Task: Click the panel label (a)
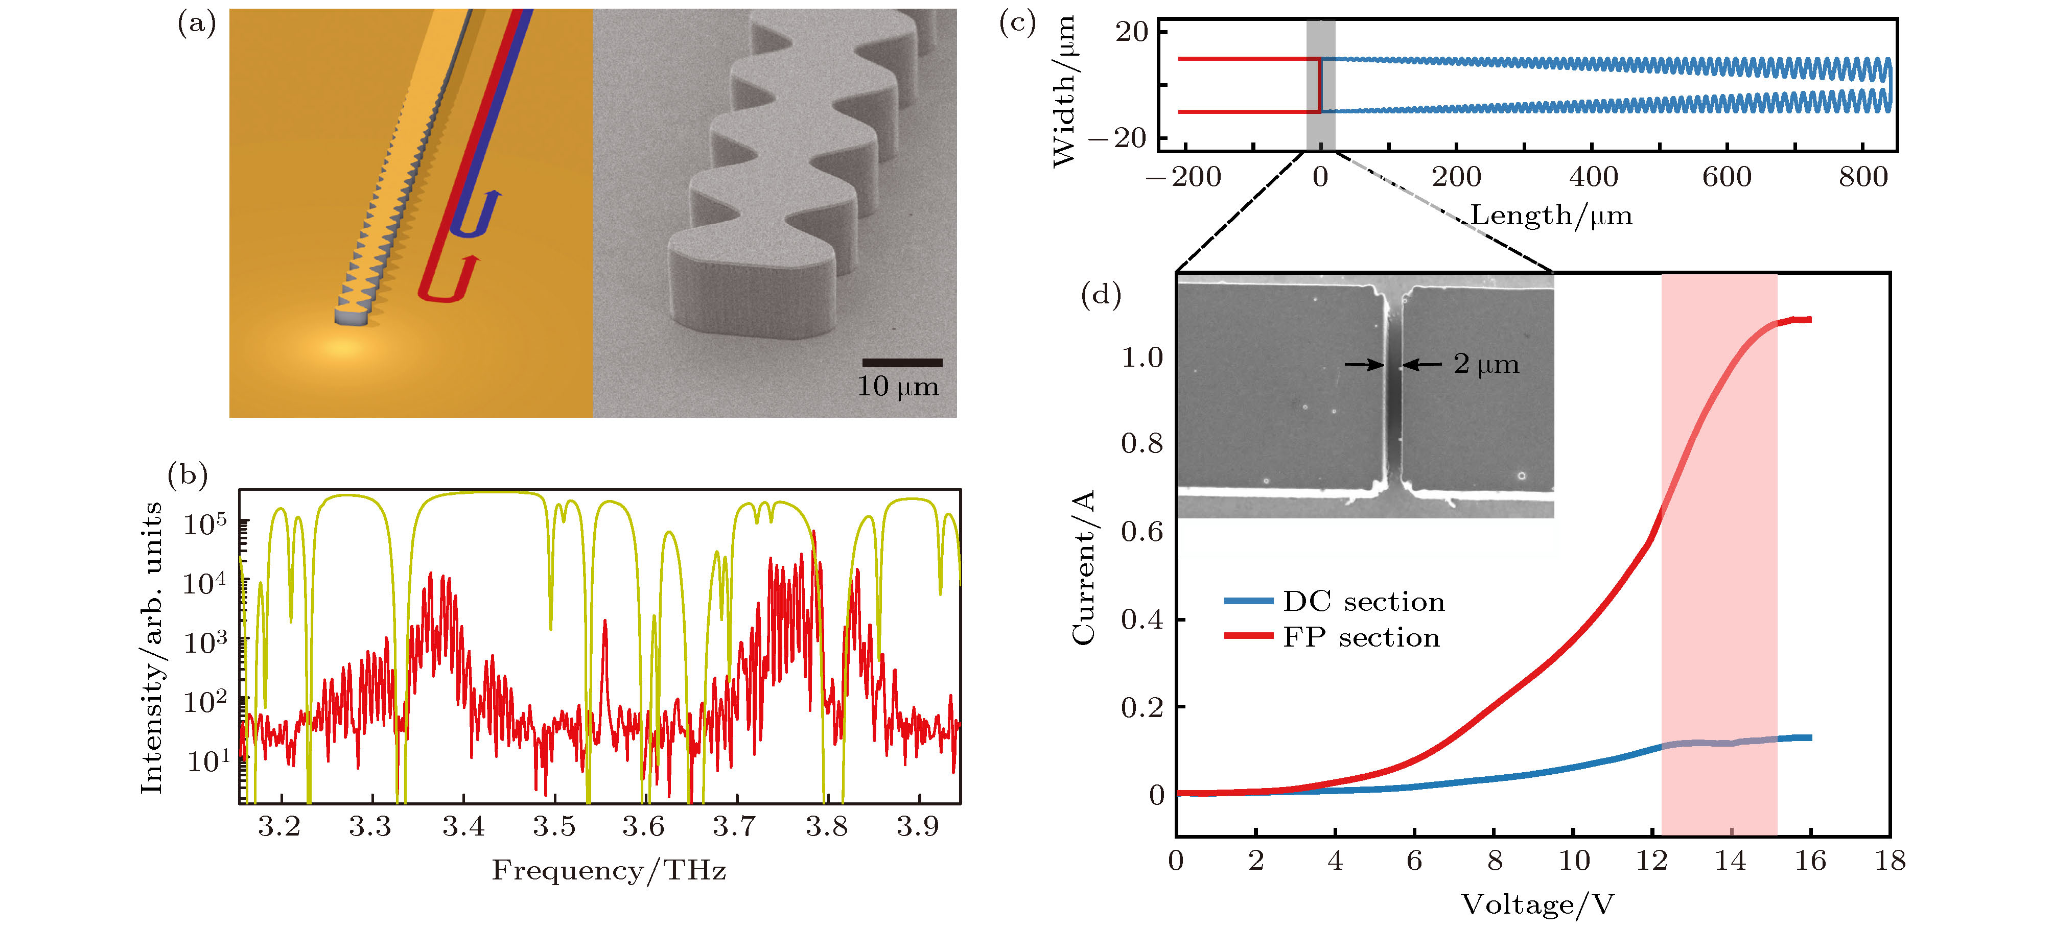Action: (196, 24)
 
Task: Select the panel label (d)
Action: (1101, 295)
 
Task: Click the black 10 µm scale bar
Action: (902, 363)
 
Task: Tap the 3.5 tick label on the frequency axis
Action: (554, 827)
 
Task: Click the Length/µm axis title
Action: (1551, 216)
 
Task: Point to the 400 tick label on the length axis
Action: (1593, 177)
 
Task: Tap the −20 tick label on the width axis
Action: (1119, 138)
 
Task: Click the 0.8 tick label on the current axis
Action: (1142, 443)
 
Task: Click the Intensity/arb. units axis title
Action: (151, 647)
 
